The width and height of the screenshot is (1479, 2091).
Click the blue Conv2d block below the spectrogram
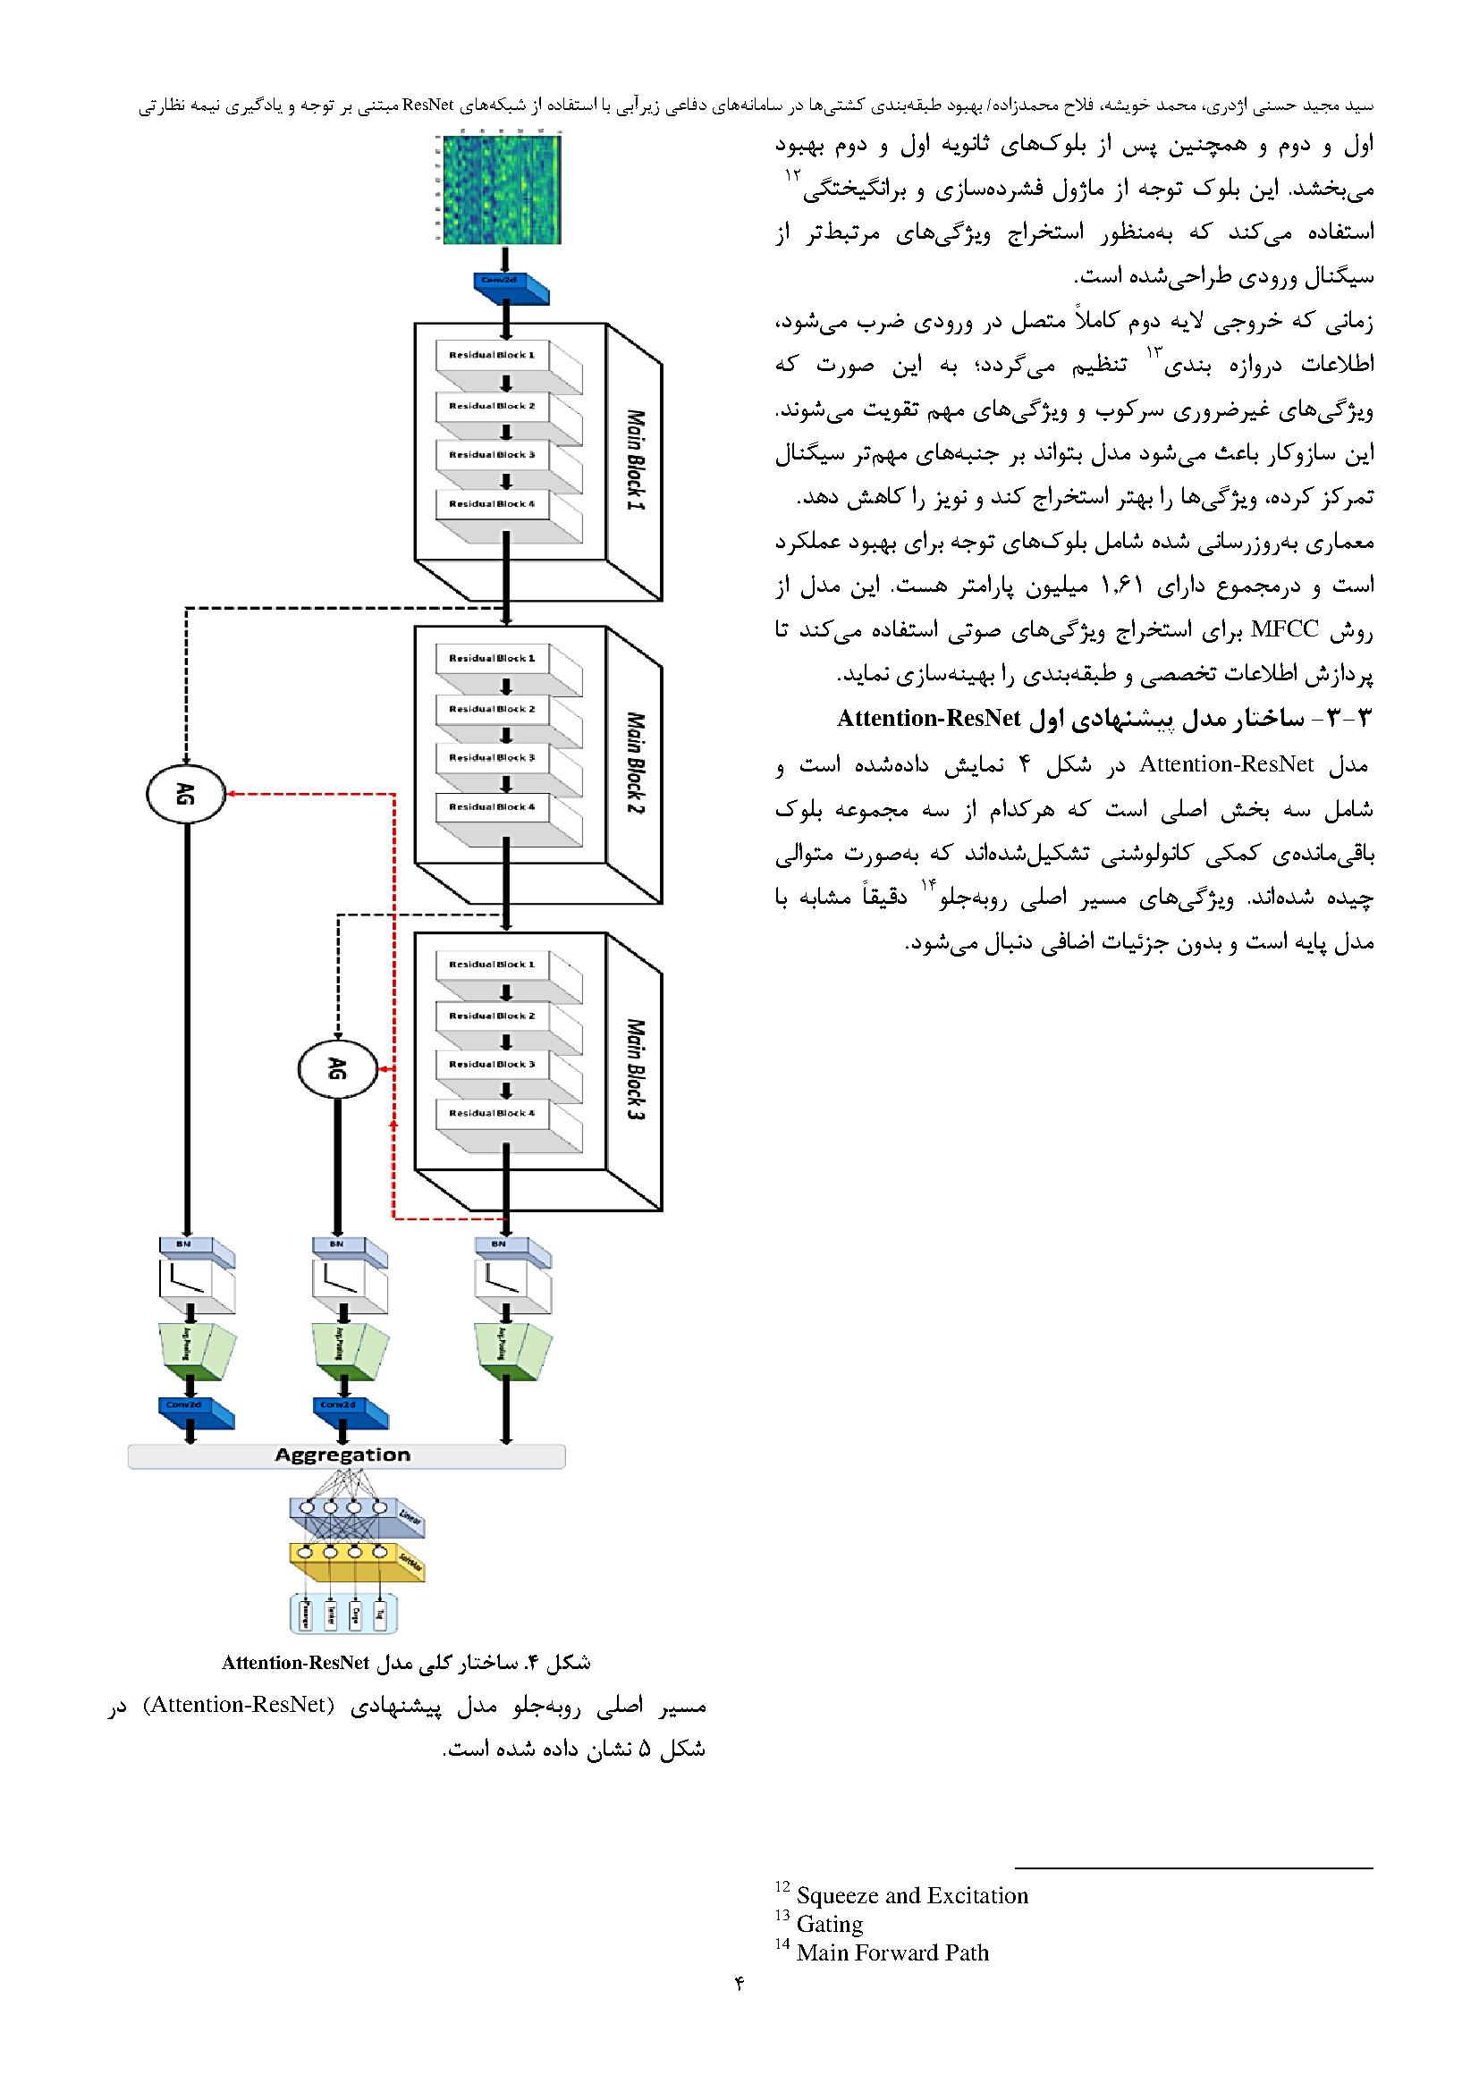pos(510,289)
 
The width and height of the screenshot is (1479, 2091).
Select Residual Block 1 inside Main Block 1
pos(492,354)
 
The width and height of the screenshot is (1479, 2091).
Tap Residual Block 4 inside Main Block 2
pos(492,806)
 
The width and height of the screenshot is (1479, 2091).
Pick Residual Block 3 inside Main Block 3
pos(492,1064)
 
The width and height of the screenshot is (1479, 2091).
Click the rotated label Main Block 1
pos(635,460)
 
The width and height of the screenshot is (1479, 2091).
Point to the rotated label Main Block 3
pos(635,1068)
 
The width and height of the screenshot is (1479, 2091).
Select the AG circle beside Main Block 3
pos(337,1070)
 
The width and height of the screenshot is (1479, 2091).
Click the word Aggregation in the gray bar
pos(342,1454)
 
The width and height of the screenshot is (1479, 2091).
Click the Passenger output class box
pos(303,1613)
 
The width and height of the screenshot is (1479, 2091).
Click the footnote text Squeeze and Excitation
pos(911,1895)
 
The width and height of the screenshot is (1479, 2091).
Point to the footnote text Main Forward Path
pos(892,1952)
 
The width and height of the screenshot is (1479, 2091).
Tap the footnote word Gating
pos(829,1924)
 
